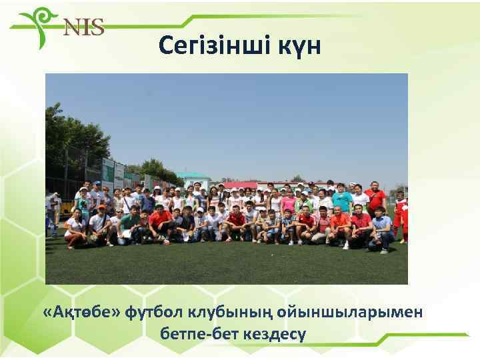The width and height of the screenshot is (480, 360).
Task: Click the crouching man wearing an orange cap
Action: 101,223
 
